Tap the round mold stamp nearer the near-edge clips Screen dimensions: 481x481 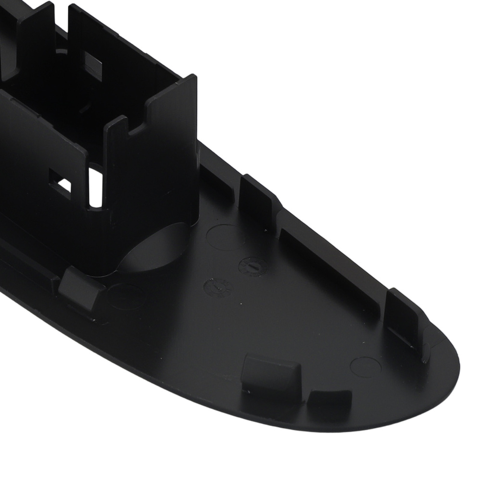[217, 287]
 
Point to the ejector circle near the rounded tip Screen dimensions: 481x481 [366, 367]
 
